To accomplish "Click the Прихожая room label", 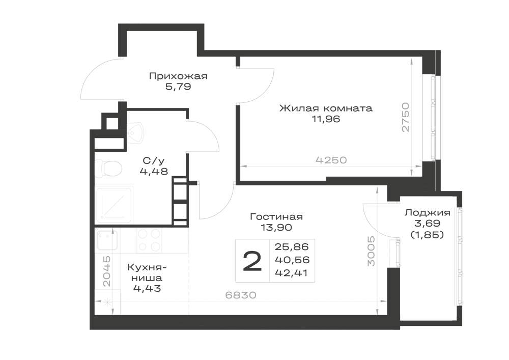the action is (x=178, y=76).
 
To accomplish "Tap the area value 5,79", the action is (x=178, y=87).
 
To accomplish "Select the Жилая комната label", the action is (x=326, y=108).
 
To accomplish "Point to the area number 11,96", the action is (x=326, y=119).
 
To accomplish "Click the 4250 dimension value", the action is (x=331, y=160).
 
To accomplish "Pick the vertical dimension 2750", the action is (x=406, y=117).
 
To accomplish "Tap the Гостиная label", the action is (x=276, y=217).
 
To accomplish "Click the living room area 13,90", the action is (x=276, y=228).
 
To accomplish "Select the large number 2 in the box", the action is (x=252, y=262).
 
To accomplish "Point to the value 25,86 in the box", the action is (x=292, y=247).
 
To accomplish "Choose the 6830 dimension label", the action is (x=241, y=295).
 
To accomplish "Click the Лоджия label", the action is (x=427, y=213).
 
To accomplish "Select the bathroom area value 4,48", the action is (x=154, y=171).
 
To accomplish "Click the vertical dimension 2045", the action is (x=106, y=271).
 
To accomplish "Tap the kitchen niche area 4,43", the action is (x=147, y=288).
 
